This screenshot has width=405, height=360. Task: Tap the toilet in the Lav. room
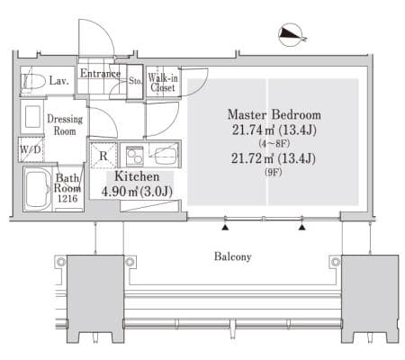click(x=32, y=81)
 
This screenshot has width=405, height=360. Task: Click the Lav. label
click(x=59, y=81)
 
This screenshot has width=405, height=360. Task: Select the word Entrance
click(x=100, y=74)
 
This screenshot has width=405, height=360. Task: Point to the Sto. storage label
click(x=135, y=81)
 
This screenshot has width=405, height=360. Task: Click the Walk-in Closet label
click(x=163, y=83)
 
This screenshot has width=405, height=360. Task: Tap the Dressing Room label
click(x=65, y=125)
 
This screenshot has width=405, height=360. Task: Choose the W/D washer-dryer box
click(x=31, y=149)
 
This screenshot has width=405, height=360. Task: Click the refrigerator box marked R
click(x=103, y=156)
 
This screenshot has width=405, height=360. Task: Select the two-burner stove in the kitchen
click(x=135, y=156)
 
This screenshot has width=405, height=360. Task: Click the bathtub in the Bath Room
click(x=38, y=189)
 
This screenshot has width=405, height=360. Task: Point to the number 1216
click(x=67, y=199)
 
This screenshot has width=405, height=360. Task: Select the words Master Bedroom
click(x=274, y=114)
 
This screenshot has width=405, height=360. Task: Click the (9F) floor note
click(x=274, y=172)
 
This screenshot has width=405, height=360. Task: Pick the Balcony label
click(x=233, y=256)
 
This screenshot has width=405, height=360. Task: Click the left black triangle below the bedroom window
click(x=225, y=228)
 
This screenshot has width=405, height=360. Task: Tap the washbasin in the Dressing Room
click(x=32, y=117)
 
